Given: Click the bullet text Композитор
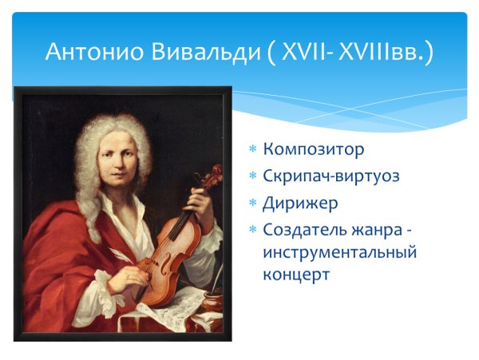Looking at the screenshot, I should (314, 149).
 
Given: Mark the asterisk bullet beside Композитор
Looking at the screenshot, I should (253, 150).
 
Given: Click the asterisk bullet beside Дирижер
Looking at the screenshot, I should (253, 204).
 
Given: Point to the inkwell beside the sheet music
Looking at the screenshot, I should (212, 302).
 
